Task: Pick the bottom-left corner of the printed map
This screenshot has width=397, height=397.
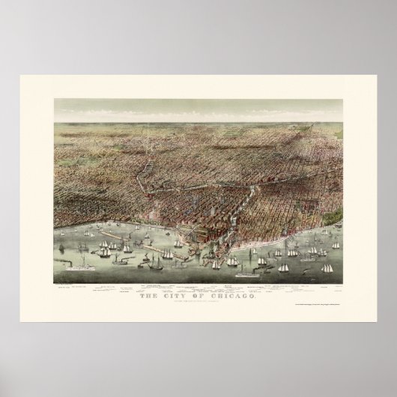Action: point(54,283)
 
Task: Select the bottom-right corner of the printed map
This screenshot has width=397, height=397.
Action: point(342,283)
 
